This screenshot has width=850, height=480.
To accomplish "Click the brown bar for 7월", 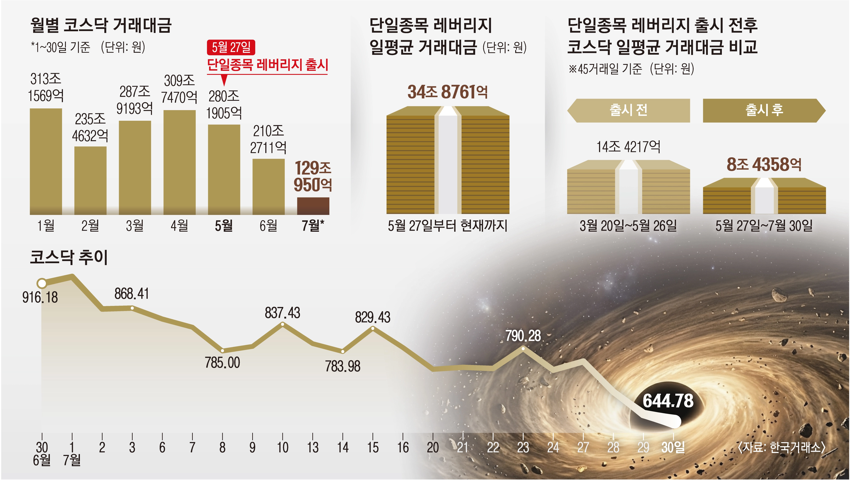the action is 313,206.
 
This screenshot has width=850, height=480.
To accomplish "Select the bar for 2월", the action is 90,180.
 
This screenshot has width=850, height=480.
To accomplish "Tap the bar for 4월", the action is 180,162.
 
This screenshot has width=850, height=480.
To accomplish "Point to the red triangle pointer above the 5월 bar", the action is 224,80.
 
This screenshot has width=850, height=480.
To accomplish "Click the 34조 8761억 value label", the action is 448,92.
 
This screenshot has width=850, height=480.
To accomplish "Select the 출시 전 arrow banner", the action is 628,111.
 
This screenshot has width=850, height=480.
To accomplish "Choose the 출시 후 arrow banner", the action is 764,111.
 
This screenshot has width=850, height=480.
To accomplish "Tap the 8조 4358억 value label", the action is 764,164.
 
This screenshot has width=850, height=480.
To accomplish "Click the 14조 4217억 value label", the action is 628,147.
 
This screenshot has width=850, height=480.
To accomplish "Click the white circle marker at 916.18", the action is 42,283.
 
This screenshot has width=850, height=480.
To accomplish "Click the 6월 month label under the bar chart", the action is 268,226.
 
